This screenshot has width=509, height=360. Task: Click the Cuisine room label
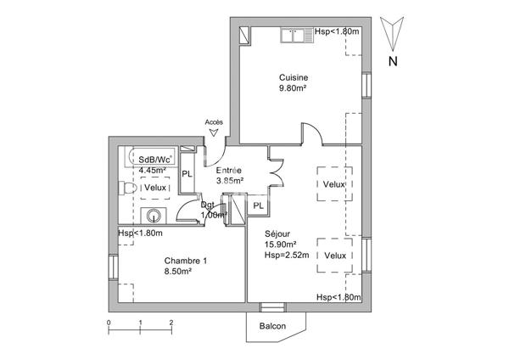(x=294, y=77)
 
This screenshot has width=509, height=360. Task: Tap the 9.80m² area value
(x=294, y=87)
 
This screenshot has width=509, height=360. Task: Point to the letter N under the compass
(x=393, y=61)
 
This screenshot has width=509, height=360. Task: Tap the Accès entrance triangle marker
(x=213, y=132)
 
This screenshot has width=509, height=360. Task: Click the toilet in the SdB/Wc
(x=127, y=188)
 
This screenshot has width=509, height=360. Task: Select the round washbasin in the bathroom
(x=154, y=216)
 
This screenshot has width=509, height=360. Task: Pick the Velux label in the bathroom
(x=155, y=188)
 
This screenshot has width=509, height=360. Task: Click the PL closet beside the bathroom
(x=187, y=174)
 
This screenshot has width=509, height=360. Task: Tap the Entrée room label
(x=229, y=171)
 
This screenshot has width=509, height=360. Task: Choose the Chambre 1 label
(x=185, y=261)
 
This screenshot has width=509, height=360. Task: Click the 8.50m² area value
(x=177, y=271)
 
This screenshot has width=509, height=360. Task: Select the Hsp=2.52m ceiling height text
(x=287, y=255)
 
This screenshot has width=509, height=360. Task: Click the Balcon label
(x=272, y=326)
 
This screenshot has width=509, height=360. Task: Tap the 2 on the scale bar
(x=171, y=323)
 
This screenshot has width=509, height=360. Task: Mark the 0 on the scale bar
(x=109, y=323)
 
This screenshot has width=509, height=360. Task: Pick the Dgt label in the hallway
(x=208, y=205)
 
